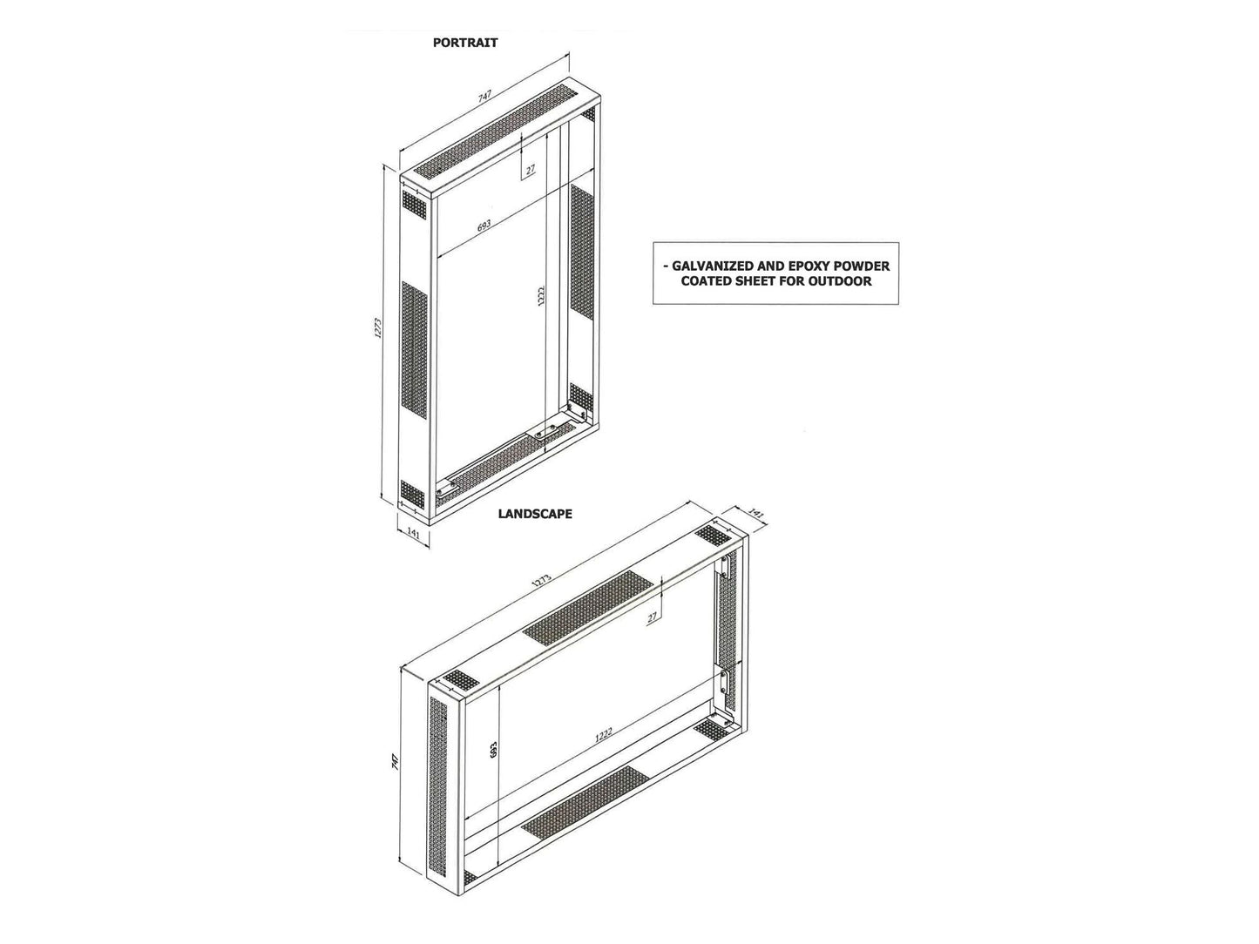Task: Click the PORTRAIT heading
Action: [465, 42]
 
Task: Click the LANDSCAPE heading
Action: [535, 514]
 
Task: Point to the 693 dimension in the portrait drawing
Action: [484, 226]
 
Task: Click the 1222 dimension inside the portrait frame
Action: [540, 298]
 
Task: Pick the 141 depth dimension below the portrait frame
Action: [415, 535]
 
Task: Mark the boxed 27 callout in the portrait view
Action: [530, 170]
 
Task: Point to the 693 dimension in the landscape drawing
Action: [493, 751]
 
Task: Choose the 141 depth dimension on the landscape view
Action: [756, 516]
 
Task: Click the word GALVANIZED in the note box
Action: [709, 266]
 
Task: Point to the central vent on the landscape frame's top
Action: [586, 608]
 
